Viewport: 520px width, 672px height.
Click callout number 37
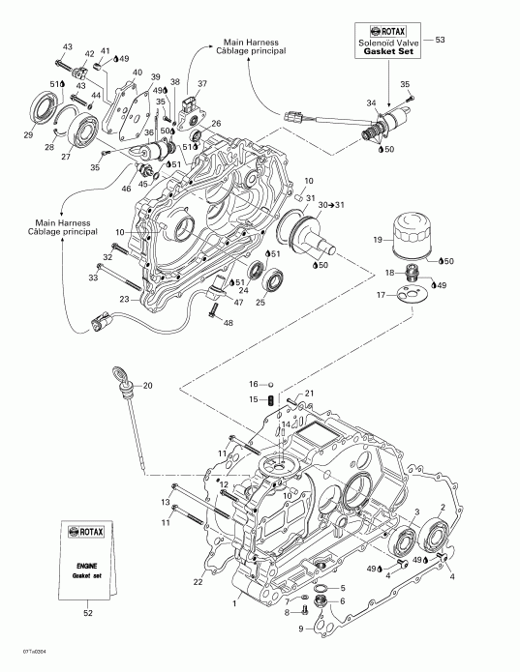[202, 84]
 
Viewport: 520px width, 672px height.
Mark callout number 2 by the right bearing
[443, 506]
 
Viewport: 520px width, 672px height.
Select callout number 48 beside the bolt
[229, 322]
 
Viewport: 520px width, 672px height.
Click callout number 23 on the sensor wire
[124, 300]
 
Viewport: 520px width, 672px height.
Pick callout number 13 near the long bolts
[166, 503]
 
